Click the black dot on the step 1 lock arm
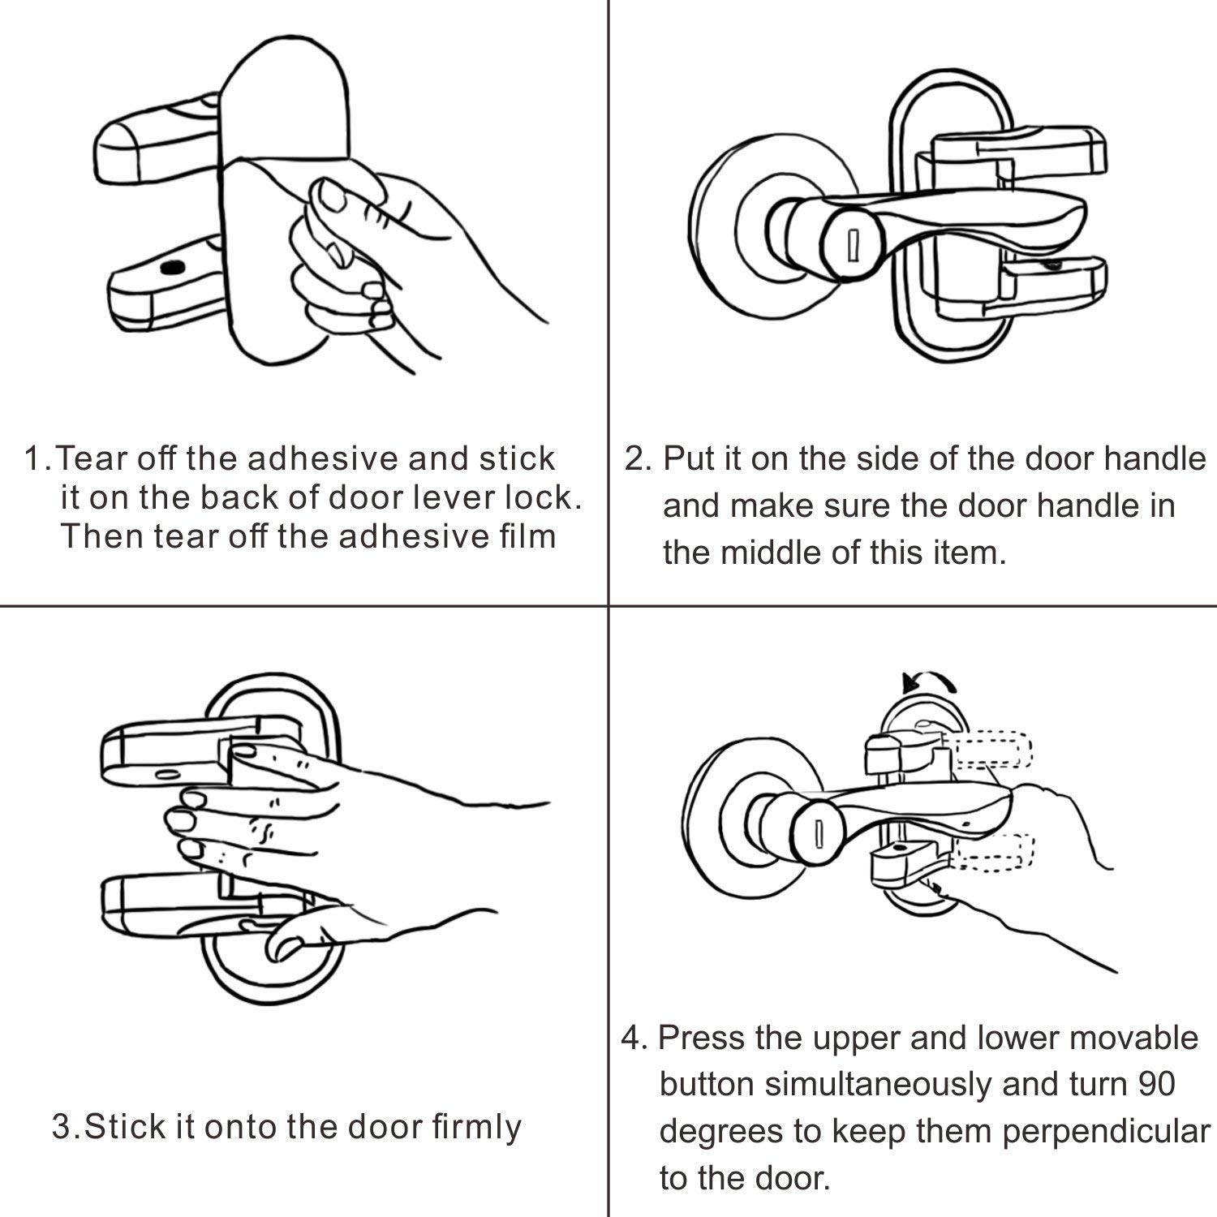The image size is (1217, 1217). pos(170,269)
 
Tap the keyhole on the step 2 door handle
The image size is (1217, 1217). pos(852,244)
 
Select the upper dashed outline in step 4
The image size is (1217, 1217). pos(993,750)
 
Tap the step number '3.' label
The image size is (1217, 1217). pos(65,1128)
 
